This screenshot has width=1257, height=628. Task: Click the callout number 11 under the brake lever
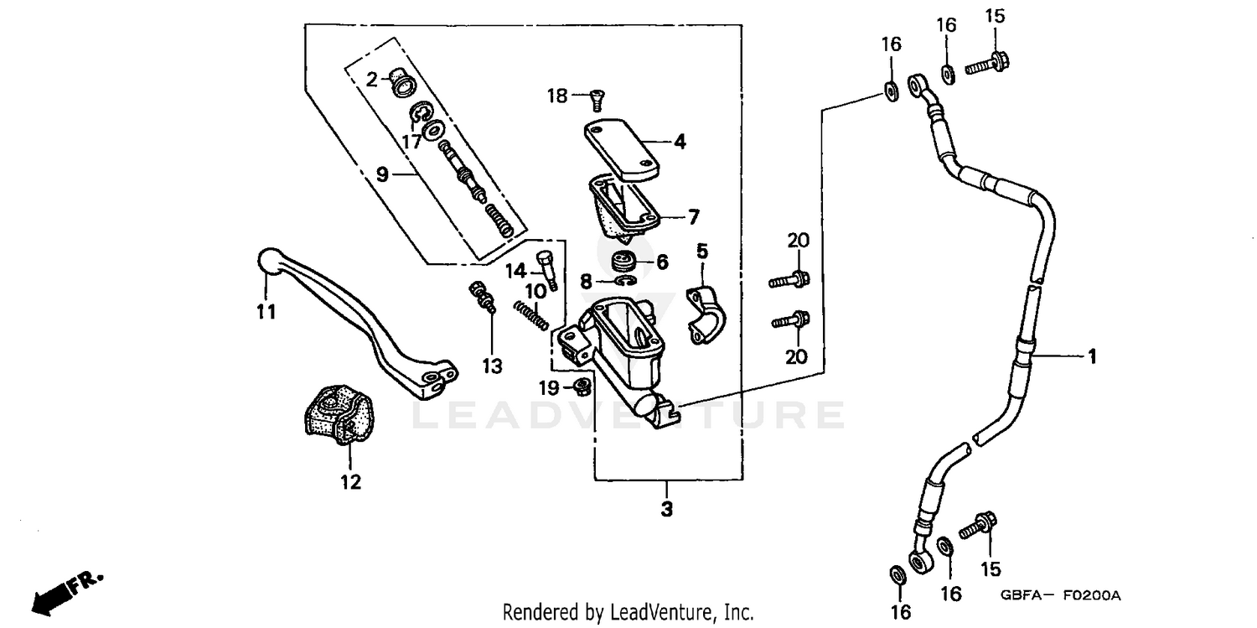pos(266,312)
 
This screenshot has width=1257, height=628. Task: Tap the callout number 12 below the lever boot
pos(350,482)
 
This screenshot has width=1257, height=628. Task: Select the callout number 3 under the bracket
pos(666,509)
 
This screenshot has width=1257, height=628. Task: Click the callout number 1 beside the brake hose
pos(1092,356)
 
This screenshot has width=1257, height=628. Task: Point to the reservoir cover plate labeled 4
pos(621,148)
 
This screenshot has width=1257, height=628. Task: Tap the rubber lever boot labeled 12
pos(339,414)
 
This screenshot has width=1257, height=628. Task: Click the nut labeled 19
pos(579,387)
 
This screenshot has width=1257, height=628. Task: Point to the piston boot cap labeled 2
pos(401,82)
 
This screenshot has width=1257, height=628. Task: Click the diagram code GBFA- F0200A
pos(1059,595)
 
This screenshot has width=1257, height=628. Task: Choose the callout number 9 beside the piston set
pos(382,174)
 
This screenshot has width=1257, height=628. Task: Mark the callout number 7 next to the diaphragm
pos(693,217)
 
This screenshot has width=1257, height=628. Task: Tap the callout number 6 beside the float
pos(662,262)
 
